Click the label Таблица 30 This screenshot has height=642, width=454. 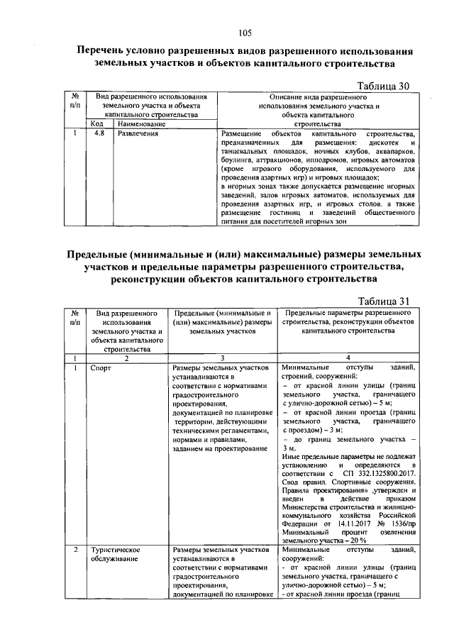[384, 87]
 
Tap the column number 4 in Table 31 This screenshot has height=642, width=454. [348, 358]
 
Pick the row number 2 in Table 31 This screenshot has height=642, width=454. [75, 550]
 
